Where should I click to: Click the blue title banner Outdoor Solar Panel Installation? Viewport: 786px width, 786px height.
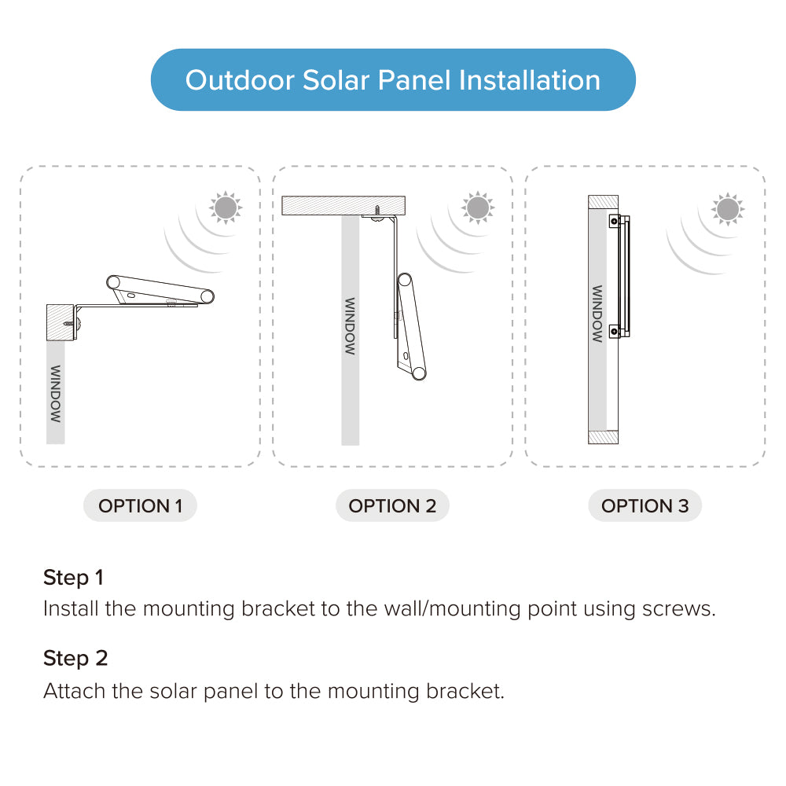click(x=393, y=79)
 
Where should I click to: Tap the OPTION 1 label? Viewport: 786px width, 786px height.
click(x=140, y=505)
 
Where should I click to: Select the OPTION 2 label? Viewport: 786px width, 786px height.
click(x=392, y=505)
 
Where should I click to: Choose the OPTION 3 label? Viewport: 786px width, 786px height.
click(x=645, y=505)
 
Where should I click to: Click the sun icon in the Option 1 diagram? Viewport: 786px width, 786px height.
click(x=226, y=208)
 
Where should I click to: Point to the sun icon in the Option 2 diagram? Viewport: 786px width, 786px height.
click(x=478, y=208)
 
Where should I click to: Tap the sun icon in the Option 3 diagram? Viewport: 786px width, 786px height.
click(x=728, y=209)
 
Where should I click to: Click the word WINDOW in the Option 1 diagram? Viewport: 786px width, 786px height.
click(x=56, y=394)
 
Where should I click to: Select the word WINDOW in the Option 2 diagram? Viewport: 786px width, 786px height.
click(x=350, y=326)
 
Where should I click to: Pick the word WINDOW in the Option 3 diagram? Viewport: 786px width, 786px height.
click(x=597, y=314)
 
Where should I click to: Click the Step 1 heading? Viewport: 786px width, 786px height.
click(x=73, y=578)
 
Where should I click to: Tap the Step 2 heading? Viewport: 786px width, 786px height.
click(x=75, y=658)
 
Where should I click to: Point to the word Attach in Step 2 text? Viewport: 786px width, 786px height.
click(x=74, y=691)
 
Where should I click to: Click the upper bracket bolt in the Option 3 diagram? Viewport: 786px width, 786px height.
click(x=614, y=221)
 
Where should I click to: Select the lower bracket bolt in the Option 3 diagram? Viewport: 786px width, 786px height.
click(x=614, y=332)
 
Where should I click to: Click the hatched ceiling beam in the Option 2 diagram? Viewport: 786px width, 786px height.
click(x=343, y=205)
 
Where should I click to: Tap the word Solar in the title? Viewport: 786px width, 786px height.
click(x=336, y=80)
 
